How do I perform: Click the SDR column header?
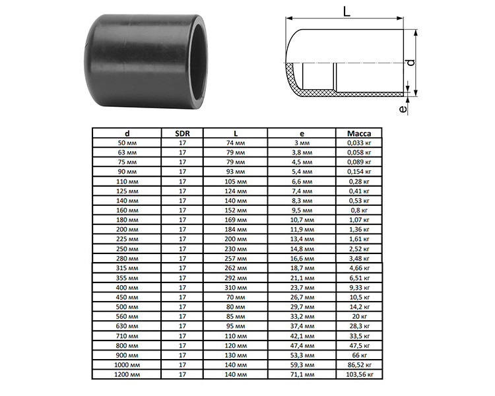tap(182, 133)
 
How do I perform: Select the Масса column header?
tap(359, 133)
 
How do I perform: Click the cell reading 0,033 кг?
tap(359, 143)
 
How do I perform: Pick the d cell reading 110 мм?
tap(127, 181)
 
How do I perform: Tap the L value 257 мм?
tap(236, 259)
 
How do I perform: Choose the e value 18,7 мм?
tap(302, 268)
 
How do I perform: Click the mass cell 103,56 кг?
tap(359, 374)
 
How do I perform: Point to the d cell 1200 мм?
tap(127, 374)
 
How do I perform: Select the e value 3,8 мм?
tap(302, 152)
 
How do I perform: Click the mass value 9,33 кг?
tap(359, 288)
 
